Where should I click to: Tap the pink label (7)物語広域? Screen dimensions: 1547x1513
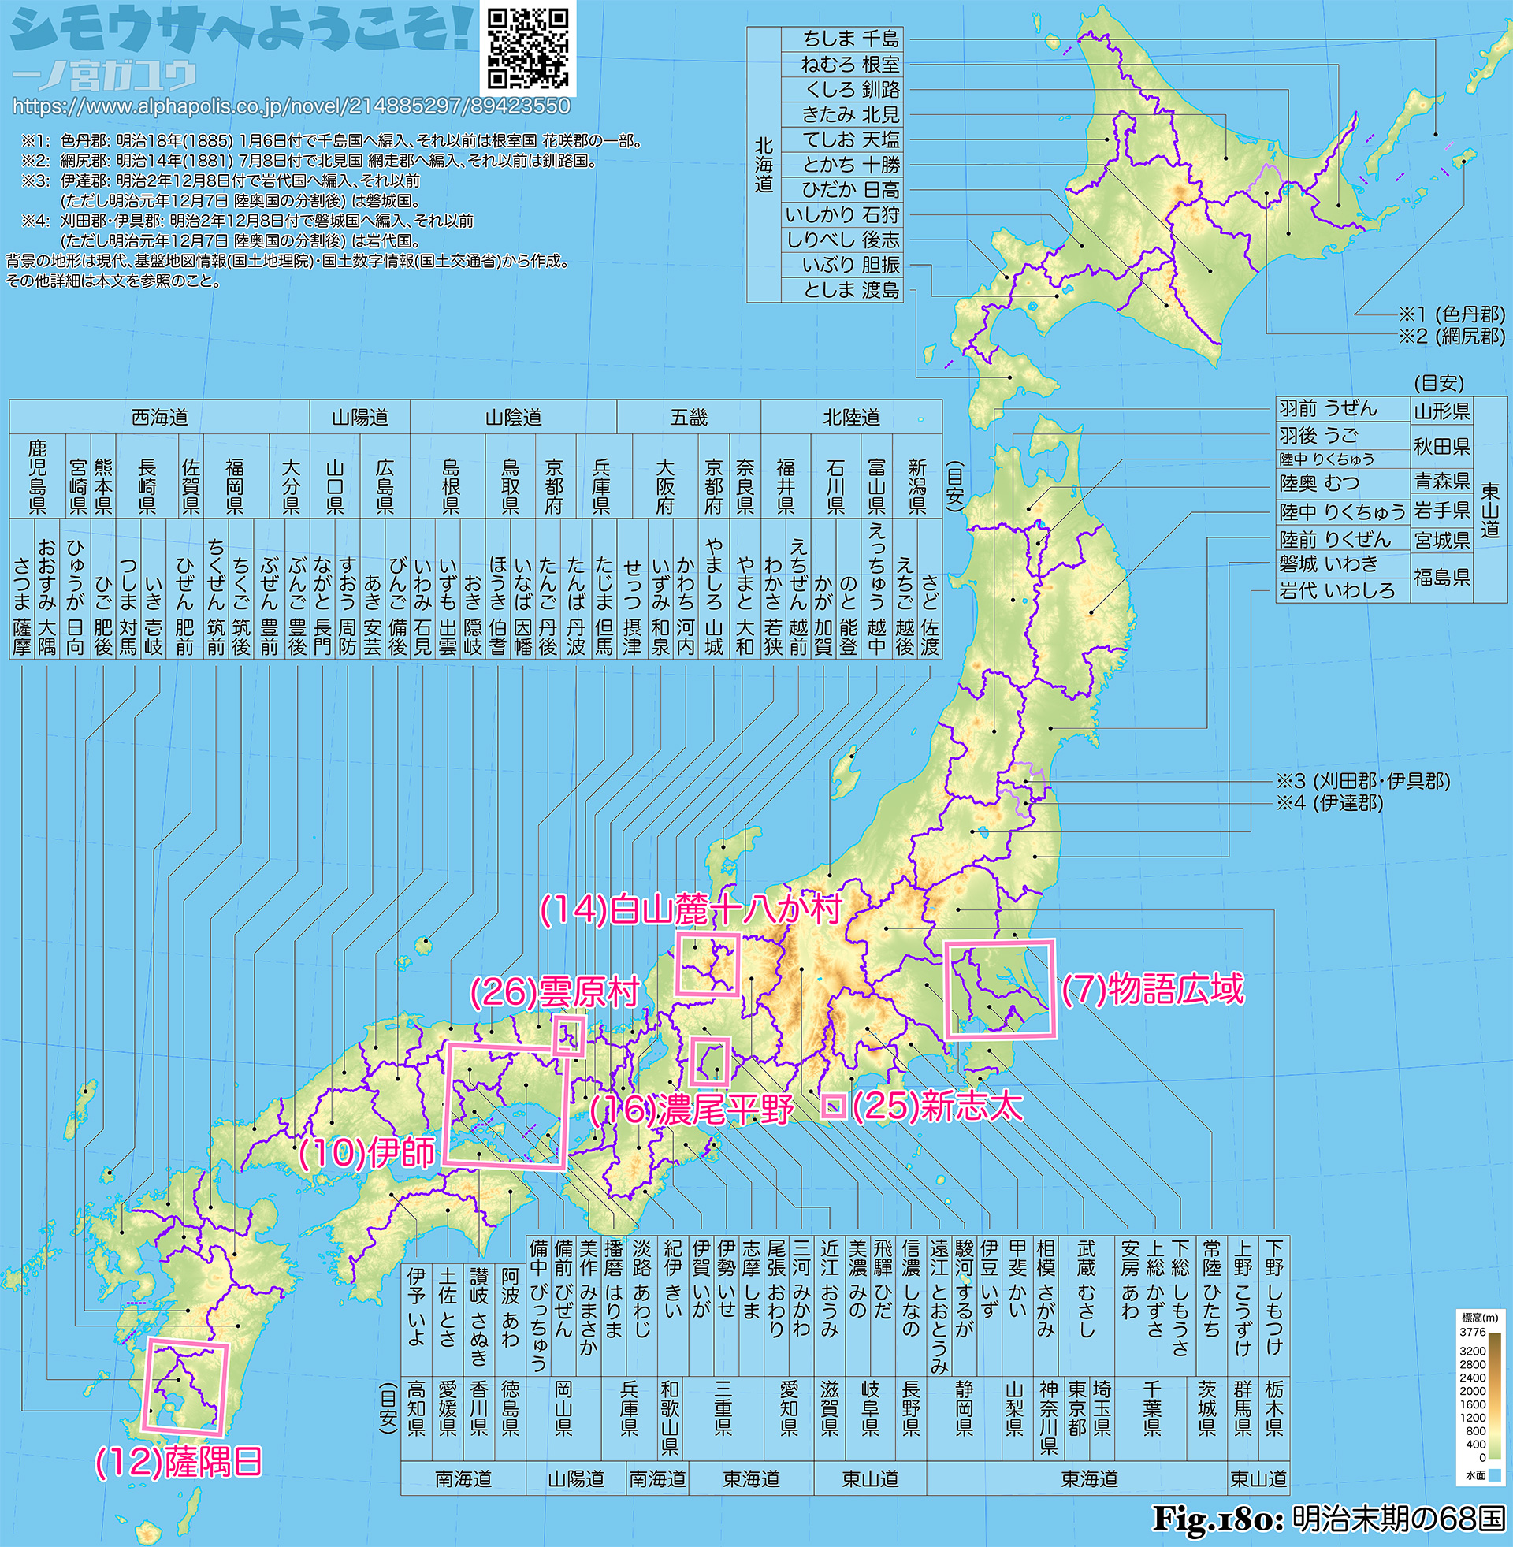pos(1152,990)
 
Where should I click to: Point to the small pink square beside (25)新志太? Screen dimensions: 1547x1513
pos(834,1106)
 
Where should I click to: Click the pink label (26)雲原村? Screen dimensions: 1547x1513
pos(555,991)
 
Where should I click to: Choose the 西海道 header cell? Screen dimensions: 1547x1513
pos(159,417)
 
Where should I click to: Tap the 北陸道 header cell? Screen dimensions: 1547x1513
pos(851,417)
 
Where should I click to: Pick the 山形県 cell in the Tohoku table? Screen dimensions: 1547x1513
pos(1441,411)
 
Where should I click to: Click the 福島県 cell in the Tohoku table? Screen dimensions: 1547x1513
pos(1441,578)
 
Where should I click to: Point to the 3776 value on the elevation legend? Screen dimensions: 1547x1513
pos(1473,1332)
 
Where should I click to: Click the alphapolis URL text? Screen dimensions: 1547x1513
pos(291,106)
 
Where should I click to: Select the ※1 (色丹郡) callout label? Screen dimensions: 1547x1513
pos(1451,314)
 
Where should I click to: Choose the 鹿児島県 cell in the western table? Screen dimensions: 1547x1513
pos(36,477)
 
